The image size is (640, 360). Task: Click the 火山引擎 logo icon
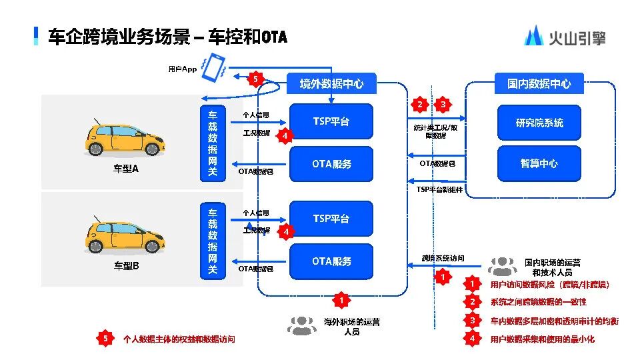pos(533,36)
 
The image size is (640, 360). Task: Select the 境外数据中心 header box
pos(331,84)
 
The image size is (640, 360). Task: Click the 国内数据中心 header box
pos(539,84)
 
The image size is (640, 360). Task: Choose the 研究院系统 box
pos(539,123)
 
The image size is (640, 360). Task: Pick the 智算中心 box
pos(539,163)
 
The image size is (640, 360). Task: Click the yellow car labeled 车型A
pos(125,137)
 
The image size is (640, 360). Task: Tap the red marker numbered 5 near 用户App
pos(255,79)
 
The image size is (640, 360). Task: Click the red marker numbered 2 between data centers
pos(419,105)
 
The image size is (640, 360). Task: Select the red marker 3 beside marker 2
pos(442,105)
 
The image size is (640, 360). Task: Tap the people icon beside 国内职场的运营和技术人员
pos(502,265)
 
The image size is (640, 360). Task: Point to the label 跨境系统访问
pos(443,258)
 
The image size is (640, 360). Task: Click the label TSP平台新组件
pos(439,189)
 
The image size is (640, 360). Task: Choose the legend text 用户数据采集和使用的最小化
pos(542,339)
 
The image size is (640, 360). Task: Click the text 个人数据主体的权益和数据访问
pos(179,339)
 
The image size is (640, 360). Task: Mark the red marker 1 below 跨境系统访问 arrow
pos(441,275)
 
